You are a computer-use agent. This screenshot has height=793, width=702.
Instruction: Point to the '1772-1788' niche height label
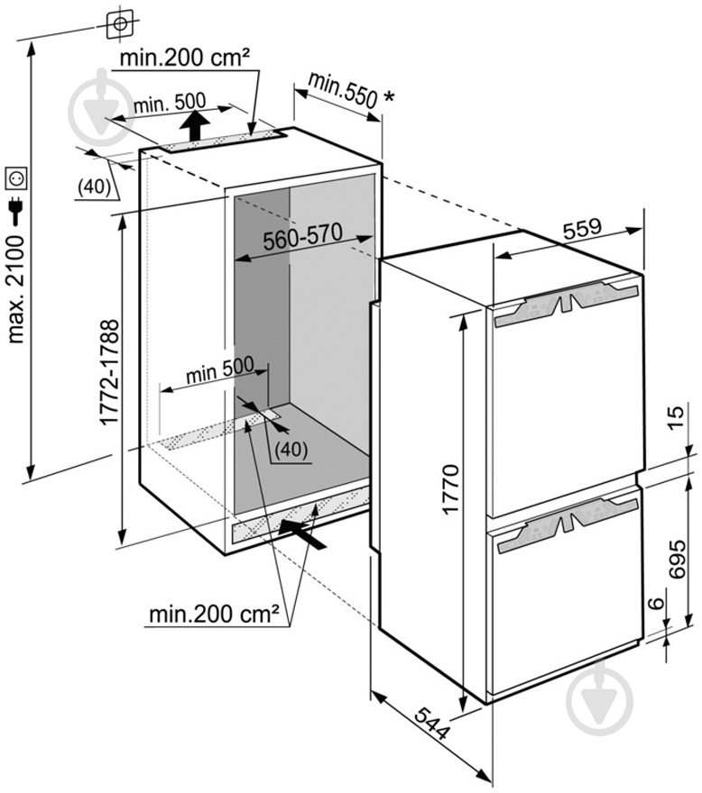[107, 371]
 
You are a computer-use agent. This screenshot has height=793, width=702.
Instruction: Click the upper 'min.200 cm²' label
[186, 59]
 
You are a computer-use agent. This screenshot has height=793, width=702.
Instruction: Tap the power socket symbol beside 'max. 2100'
[16, 179]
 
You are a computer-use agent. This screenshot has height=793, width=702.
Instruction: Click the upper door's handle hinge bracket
[563, 303]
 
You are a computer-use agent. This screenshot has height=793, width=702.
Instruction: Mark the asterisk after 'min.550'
[388, 94]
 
